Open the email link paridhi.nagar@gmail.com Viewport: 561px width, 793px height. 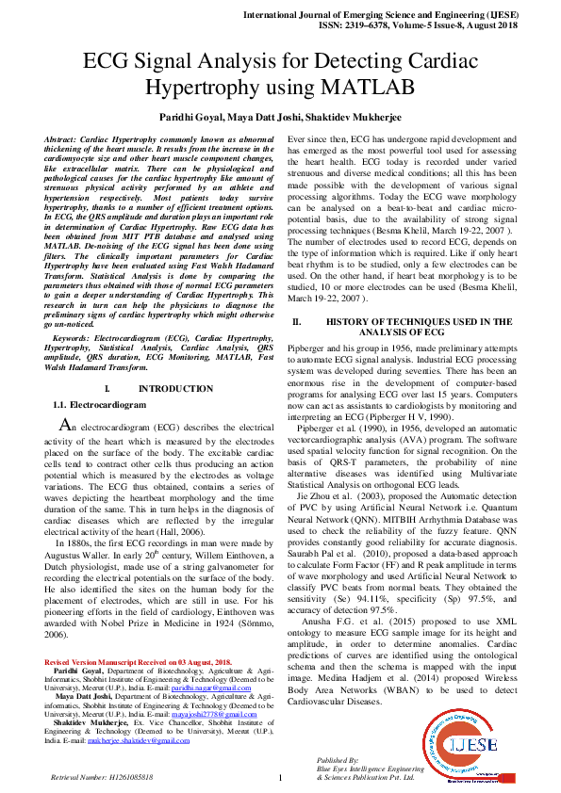tap(209, 689)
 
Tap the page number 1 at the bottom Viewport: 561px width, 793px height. tap(280, 778)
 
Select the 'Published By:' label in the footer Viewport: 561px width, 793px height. tap(338, 759)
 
